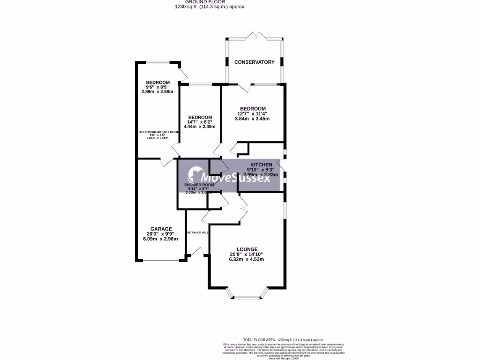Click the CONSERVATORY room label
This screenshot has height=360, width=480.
[x=254, y=62]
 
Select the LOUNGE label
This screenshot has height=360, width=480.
[x=247, y=249]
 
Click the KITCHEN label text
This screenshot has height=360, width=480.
[x=261, y=165]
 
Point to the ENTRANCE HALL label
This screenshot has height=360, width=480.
[x=197, y=232]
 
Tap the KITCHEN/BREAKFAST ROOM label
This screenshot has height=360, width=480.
[x=158, y=132]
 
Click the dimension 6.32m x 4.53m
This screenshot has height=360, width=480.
[x=247, y=259]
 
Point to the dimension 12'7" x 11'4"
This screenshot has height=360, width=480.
[x=253, y=113]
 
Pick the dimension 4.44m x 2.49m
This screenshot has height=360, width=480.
[x=200, y=127]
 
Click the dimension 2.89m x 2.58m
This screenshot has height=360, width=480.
[x=157, y=92]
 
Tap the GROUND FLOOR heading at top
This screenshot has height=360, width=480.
[x=210, y=2]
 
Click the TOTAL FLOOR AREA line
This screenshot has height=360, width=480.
[x=283, y=339]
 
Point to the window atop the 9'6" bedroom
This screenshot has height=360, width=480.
[x=157, y=62]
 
